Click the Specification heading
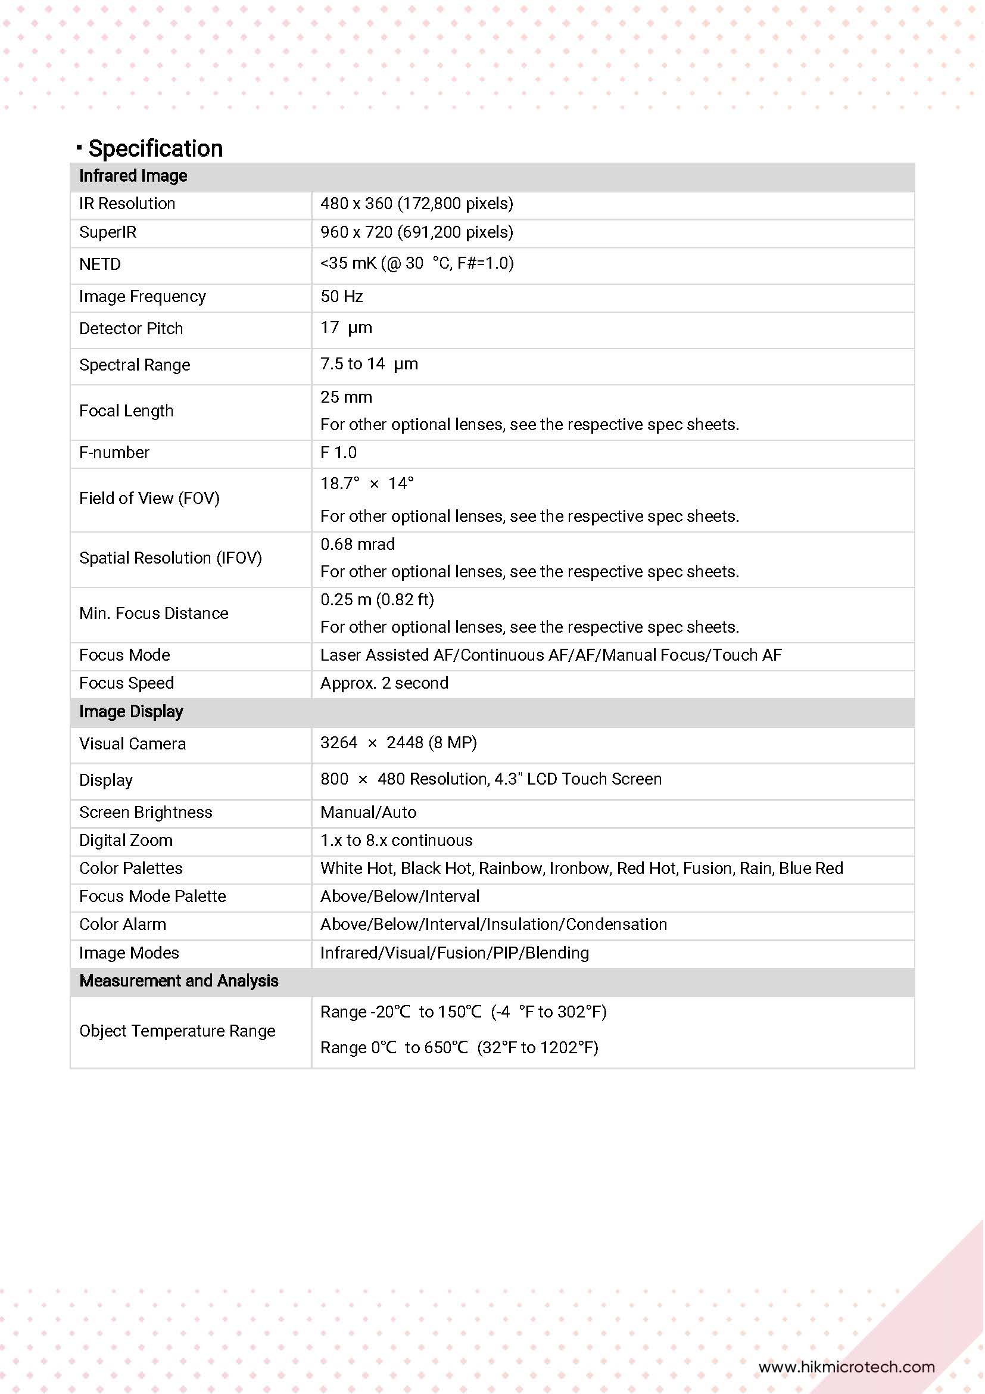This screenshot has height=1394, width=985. pos(155,149)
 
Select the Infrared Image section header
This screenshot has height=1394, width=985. pos(133,176)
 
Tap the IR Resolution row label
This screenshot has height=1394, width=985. pos(127,204)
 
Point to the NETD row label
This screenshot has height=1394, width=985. pos(100,265)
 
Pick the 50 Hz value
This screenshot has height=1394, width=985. pos(342,297)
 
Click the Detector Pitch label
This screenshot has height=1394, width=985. pos(131,329)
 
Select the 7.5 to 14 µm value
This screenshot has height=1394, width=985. pos(369,364)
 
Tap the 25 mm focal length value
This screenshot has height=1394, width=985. pos(346,398)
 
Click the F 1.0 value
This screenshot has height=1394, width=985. pos(339,453)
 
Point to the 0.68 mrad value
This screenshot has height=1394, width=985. pos(357,544)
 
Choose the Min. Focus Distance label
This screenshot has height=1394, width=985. pos(154,614)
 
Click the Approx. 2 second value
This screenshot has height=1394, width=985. pos(384,684)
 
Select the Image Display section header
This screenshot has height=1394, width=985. pos(131,711)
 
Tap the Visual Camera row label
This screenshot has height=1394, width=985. pos(132,744)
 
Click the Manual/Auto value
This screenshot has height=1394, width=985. pos(369,813)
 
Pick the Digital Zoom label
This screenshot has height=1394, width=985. pos(126,841)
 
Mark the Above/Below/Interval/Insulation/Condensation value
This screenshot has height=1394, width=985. pos(494,925)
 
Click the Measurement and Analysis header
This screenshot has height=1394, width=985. pos(179,981)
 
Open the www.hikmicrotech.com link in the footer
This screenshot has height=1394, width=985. pos(846,1367)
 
